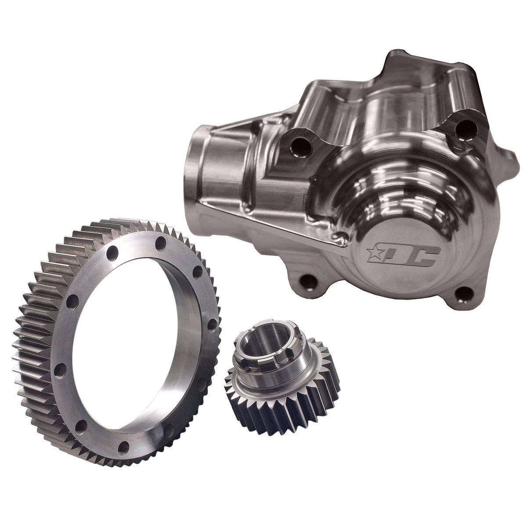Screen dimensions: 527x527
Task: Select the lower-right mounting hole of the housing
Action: pos(462,298)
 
